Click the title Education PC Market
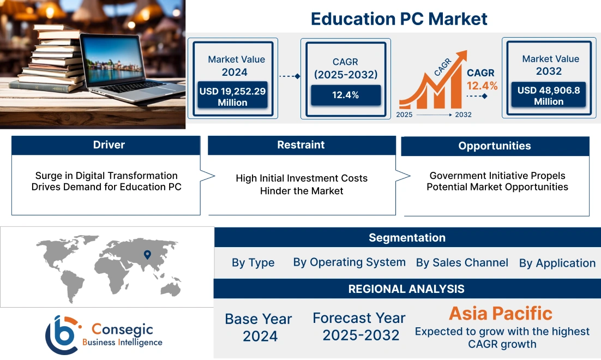399,19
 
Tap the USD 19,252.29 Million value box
232,97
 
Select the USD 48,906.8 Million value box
549,96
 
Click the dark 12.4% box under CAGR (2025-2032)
345,95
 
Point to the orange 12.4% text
482,86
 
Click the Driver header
109,145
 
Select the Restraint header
301,145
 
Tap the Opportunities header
495,146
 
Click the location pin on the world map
147,254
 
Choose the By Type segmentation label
253,262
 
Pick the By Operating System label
349,262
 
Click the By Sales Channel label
462,262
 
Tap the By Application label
557,263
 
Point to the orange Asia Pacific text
500,313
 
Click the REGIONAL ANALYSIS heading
406,289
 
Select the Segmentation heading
407,238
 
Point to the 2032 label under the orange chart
463,115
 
